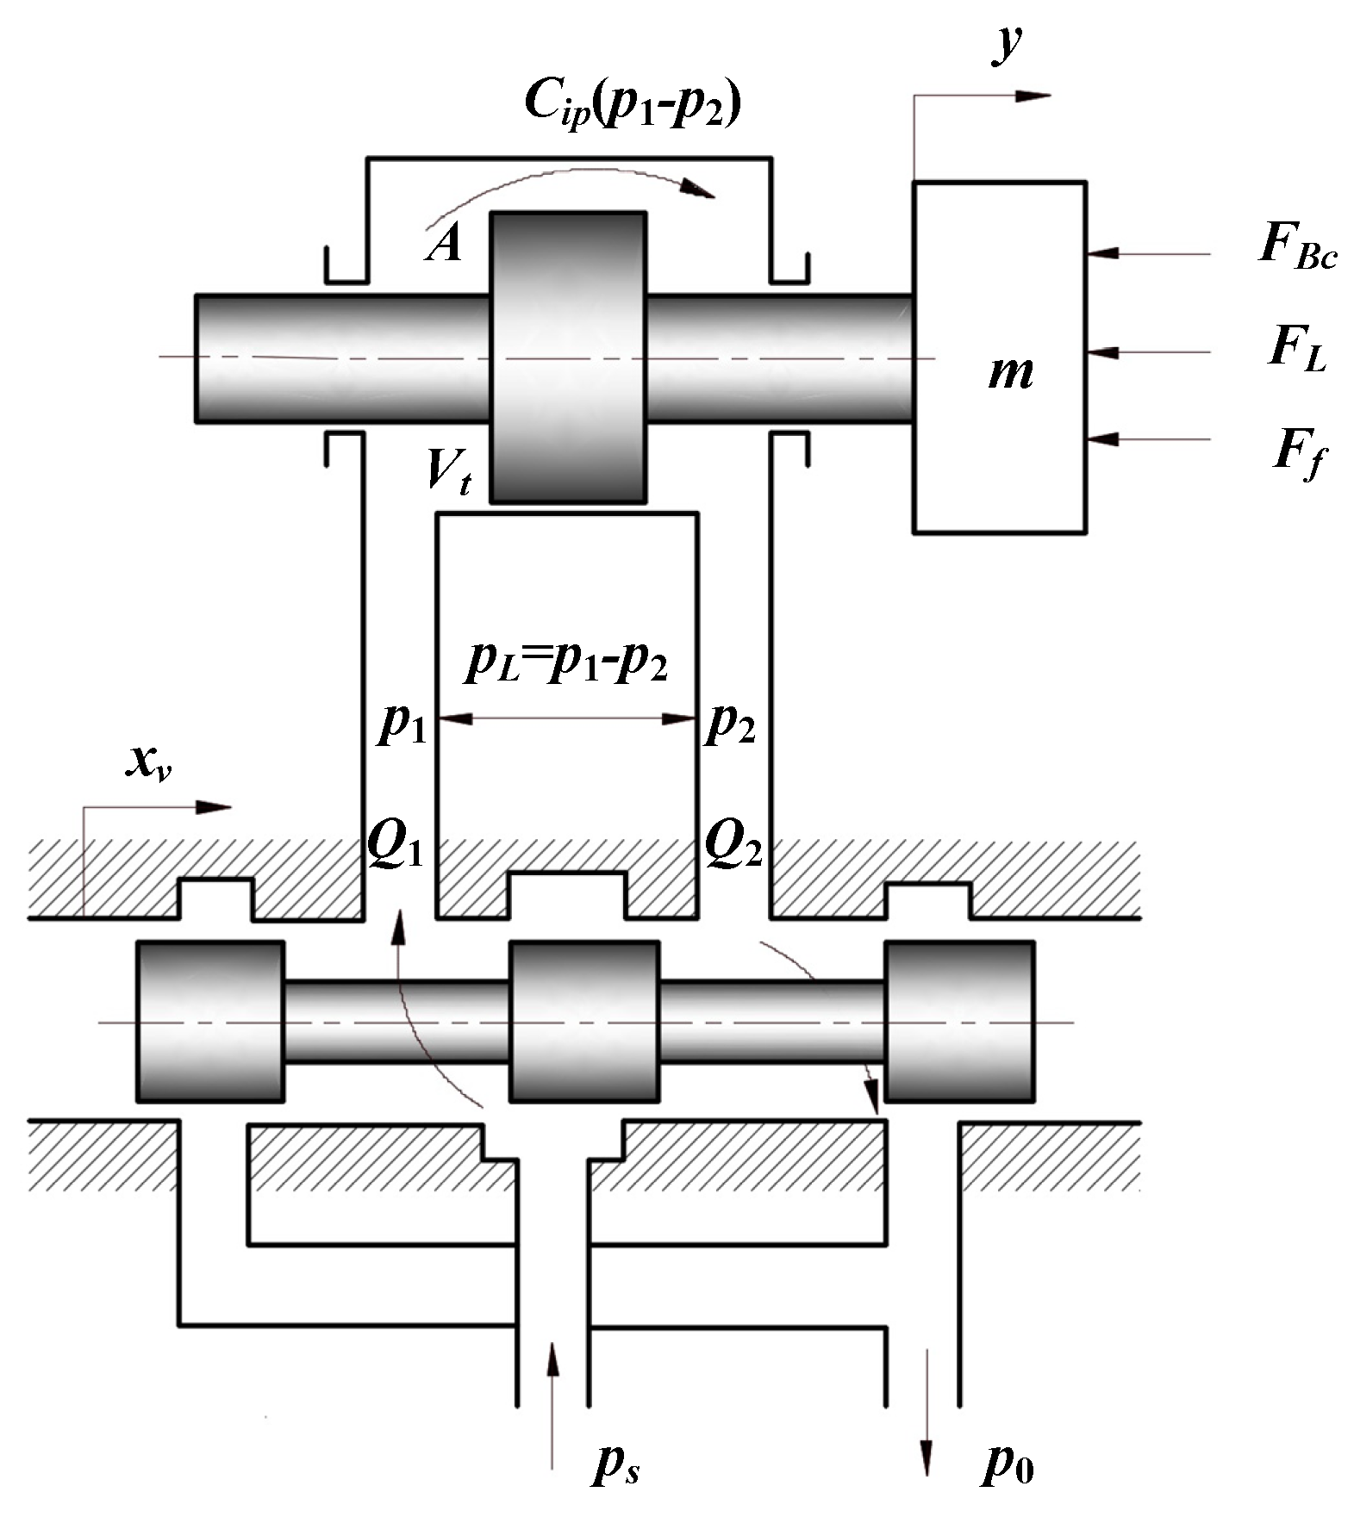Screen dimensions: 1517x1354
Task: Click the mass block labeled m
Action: [x=1000, y=357]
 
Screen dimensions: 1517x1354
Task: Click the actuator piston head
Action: [x=567, y=357]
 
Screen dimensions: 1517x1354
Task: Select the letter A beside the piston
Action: [x=445, y=246]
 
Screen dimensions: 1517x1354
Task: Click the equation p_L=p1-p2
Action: [x=567, y=663]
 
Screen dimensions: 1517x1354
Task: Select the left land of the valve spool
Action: [x=210, y=1021]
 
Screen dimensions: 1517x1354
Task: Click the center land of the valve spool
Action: [x=584, y=1021]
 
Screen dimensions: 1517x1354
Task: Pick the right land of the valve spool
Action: [x=959, y=1021]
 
